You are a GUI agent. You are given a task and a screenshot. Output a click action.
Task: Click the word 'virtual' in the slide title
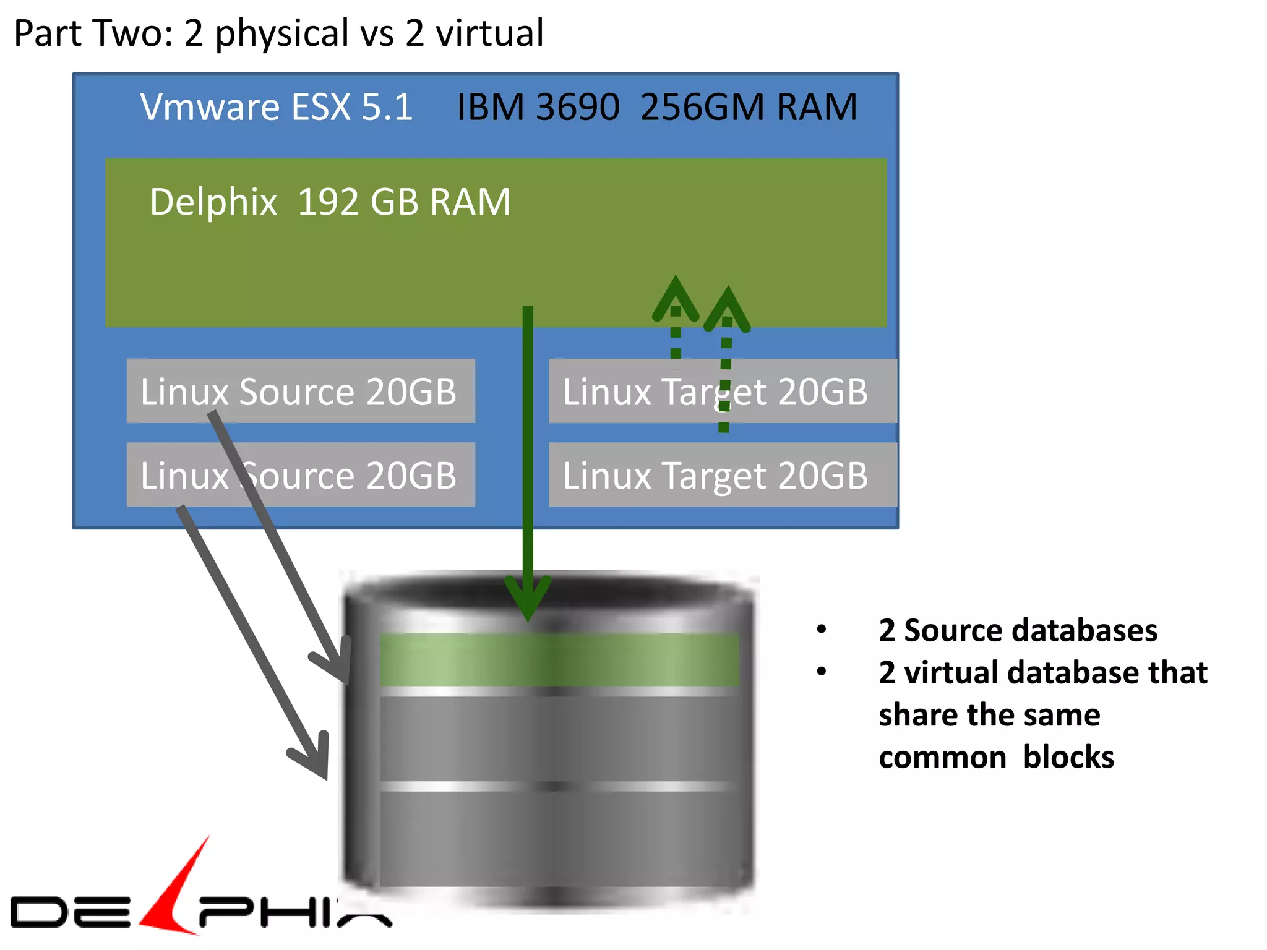point(489,33)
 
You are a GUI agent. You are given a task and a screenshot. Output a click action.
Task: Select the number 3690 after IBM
point(578,107)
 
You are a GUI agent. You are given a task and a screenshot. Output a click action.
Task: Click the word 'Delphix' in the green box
point(213,202)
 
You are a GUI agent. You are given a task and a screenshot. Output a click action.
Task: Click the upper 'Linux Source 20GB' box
point(301,391)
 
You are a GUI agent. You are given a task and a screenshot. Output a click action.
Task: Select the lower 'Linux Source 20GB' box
point(301,474)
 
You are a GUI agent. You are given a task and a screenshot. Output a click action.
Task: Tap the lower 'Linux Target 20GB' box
point(722,474)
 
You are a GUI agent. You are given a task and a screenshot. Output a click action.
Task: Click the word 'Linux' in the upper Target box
point(606,392)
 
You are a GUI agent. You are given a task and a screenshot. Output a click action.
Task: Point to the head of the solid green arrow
point(528,603)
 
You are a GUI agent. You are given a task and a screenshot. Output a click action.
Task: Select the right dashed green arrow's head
point(728,304)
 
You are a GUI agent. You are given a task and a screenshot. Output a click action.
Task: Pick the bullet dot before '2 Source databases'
point(822,630)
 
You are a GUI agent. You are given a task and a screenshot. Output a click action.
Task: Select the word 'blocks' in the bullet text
point(1068,757)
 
